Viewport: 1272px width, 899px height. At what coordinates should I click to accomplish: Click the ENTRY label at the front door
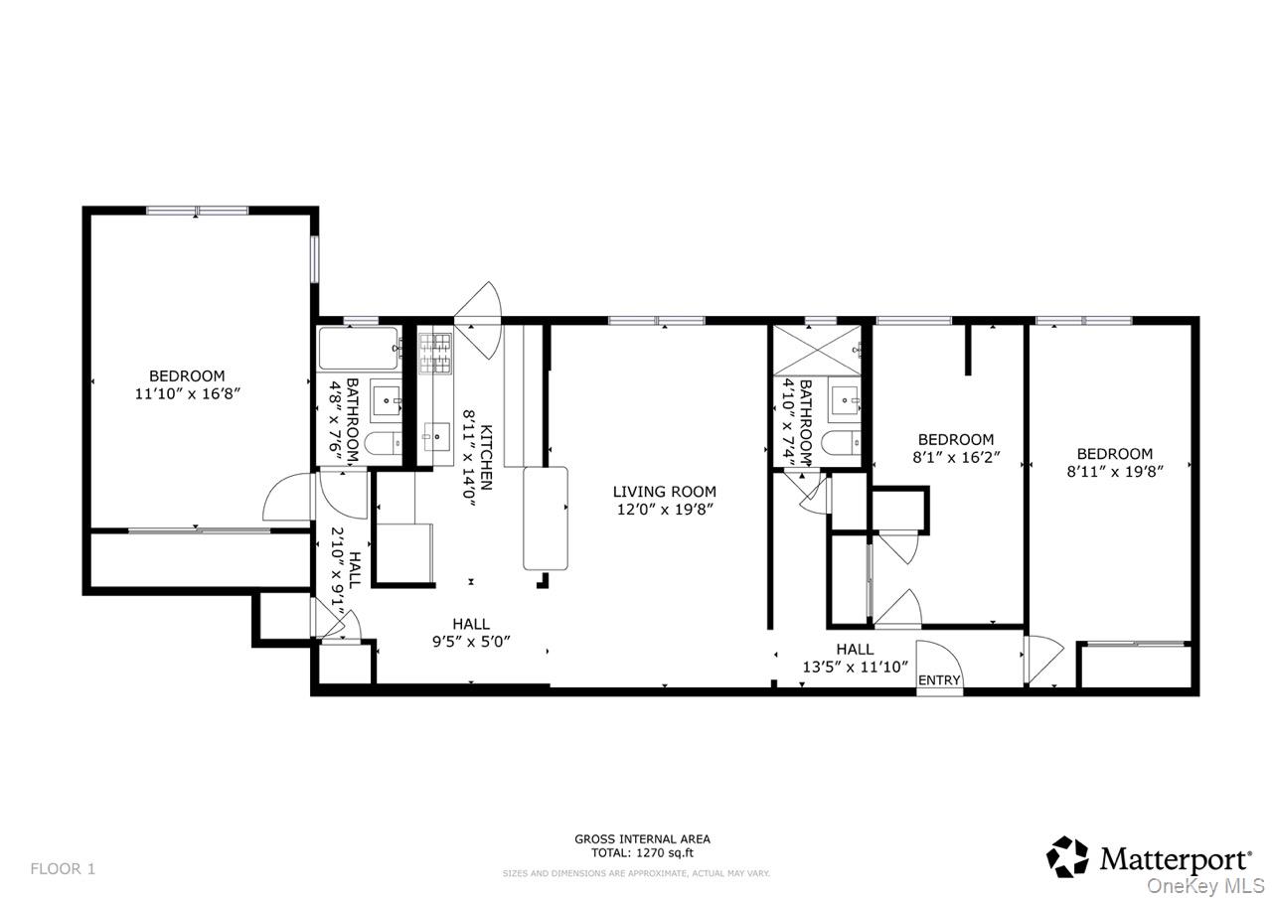939,680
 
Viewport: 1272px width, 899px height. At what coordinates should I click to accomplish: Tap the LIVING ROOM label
664,492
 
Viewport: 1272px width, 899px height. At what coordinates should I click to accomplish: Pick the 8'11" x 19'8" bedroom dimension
1114,472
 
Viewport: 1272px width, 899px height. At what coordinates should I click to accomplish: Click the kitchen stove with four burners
434,354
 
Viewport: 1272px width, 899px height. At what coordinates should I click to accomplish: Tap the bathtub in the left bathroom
359,349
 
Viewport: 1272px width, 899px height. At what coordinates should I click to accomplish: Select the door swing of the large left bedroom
288,497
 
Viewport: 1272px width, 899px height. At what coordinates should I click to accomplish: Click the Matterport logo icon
1068,856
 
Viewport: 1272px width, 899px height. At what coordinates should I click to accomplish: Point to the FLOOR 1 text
63,869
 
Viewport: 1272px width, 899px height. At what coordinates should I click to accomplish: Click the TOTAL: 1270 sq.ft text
642,852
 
